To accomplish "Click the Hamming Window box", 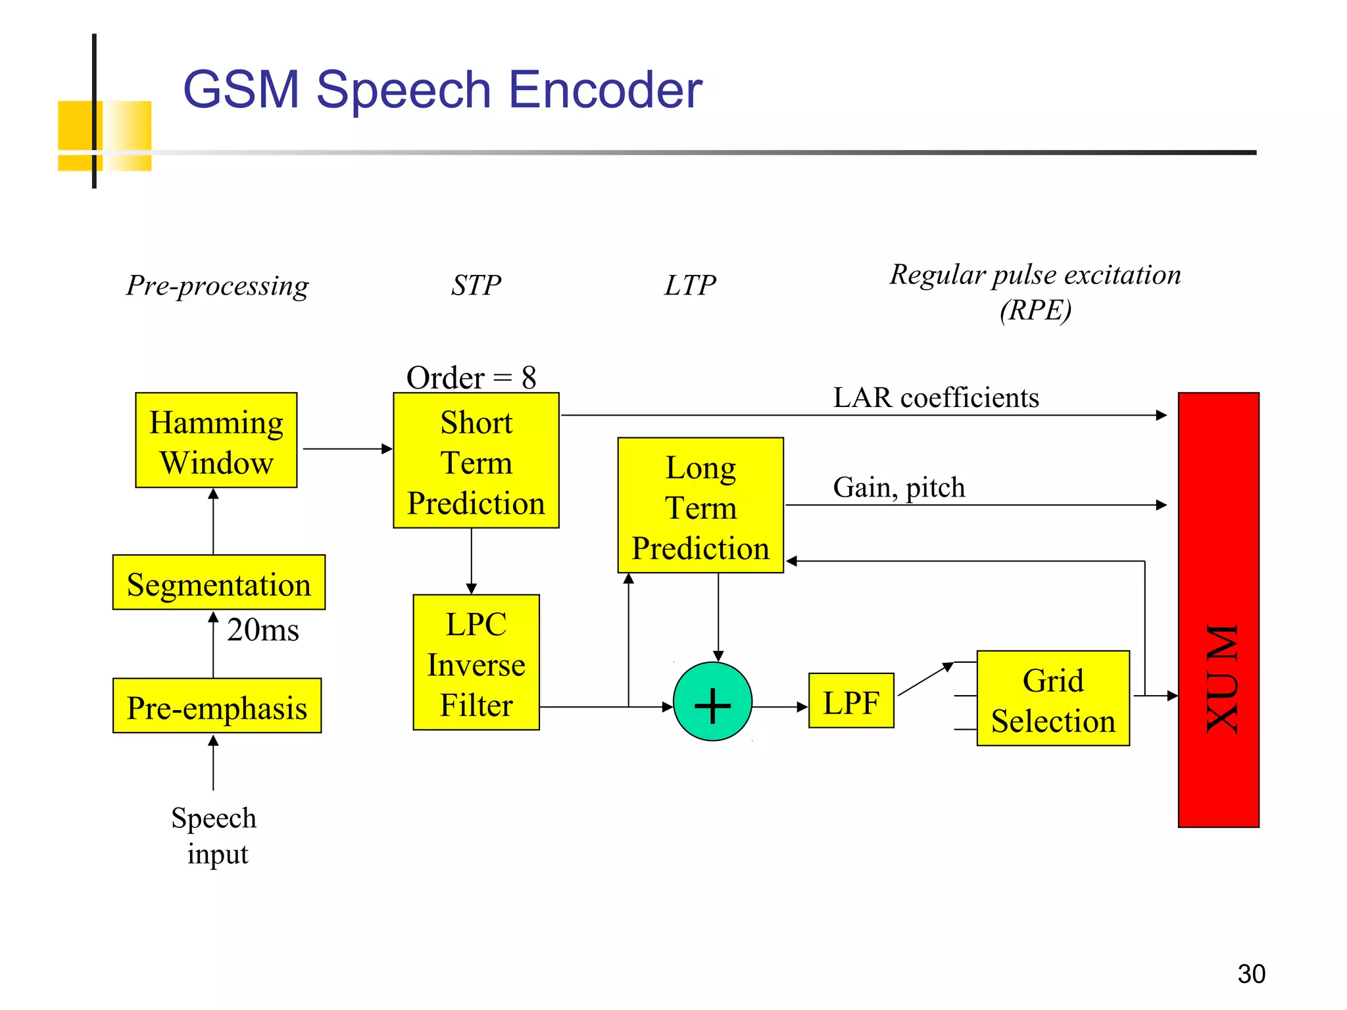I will [216, 441].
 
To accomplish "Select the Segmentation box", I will [218, 583].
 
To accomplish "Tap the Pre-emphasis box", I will [217, 706].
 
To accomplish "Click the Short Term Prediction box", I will [476, 461].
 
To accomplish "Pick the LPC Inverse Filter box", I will [476, 663].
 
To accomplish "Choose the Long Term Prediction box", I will [700, 506].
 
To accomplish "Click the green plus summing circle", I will [712, 702].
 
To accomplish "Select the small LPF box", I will [850, 701].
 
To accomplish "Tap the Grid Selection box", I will [1053, 699].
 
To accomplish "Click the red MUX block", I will [1218, 610].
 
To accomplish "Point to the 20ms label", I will [262, 630].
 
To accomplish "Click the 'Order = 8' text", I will [471, 377].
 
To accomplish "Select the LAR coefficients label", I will [935, 398].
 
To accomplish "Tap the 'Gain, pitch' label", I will [898, 488].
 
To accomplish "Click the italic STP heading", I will [476, 285].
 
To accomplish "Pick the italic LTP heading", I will [689, 285].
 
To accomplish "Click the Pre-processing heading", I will [217, 285].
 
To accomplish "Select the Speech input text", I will [214, 836].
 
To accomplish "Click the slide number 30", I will [1250, 974].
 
